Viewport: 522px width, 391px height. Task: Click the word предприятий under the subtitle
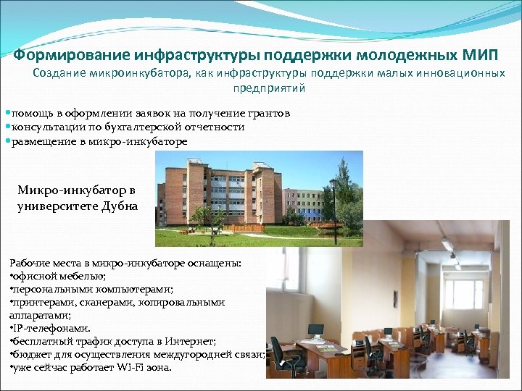coord(269,88)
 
